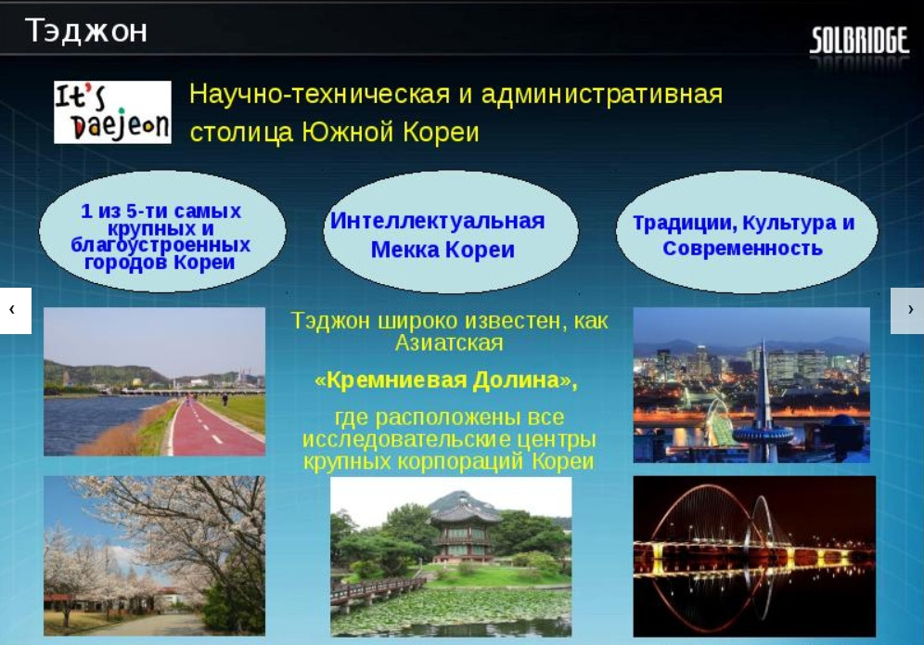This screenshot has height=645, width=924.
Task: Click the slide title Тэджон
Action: pyautogui.click(x=86, y=31)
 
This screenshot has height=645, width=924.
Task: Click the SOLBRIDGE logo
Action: pyautogui.click(x=859, y=41)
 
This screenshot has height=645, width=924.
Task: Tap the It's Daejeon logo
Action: pyautogui.click(x=112, y=112)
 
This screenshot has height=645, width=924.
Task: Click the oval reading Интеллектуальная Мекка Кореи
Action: pyautogui.click(x=450, y=232)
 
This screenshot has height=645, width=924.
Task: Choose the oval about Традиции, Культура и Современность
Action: pyautogui.click(x=746, y=232)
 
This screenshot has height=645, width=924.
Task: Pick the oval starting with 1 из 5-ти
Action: pyautogui.click(x=162, y=232)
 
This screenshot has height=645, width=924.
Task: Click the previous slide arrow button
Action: pyautogui.click(x=16, y=311)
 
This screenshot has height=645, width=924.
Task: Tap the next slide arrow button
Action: pyautogui.click(x=907, y=311)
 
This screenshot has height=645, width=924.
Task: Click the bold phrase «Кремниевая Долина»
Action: pyautogui.click(x=446, y=381)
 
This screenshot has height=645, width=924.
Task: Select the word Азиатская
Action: pyautogui.click(x=449, y=343)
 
